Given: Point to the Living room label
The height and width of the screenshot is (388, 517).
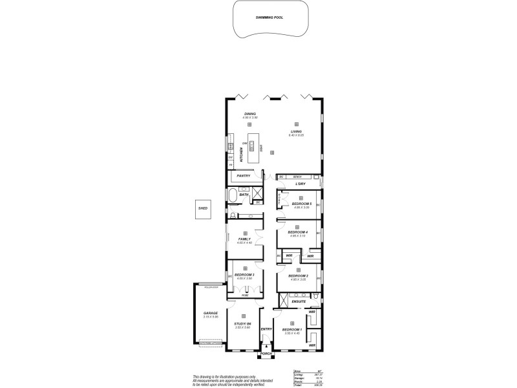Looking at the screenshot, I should point(297,131).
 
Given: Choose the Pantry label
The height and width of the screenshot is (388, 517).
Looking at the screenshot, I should point(244,176).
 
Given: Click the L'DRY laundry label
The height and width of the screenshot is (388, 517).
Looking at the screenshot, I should point(300,184).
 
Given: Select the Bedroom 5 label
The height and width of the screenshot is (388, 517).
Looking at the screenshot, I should point(302,204).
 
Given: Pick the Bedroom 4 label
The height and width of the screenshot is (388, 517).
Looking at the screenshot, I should point(297,232).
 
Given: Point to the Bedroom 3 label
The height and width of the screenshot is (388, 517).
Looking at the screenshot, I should point(244,275).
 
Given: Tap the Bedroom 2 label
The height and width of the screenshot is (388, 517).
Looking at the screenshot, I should point(297,275).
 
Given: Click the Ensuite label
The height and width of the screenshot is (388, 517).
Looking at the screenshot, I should point(299,301).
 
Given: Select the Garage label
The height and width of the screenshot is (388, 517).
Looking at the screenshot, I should point(211,313).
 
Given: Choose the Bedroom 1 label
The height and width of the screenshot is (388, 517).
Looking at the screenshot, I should point(292,330).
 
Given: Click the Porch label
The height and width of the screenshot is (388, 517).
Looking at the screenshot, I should point(266,354).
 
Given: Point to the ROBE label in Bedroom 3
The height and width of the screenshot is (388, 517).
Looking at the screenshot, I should point(245,295).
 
